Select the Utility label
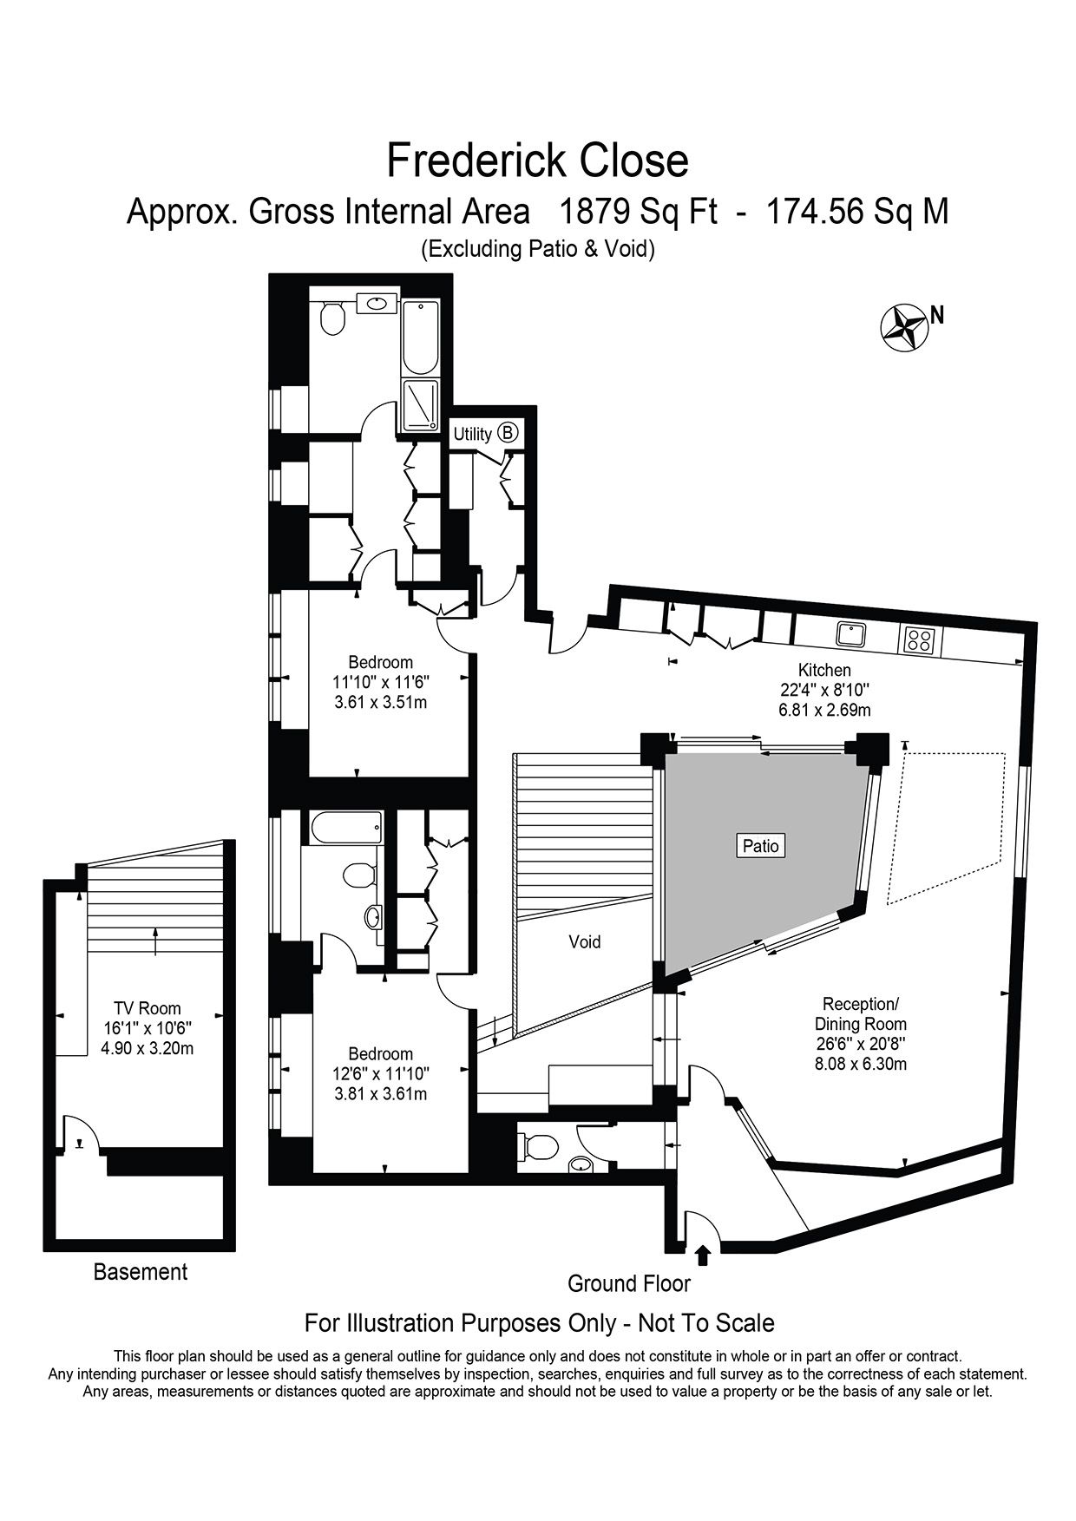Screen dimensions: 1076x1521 472,434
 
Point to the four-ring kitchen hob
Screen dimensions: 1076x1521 920,639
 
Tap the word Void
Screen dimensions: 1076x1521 585,941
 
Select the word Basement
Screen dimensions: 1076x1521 141,1272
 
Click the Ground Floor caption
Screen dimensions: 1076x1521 629,1283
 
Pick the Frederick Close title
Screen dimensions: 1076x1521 537,161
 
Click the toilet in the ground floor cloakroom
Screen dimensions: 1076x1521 536,1145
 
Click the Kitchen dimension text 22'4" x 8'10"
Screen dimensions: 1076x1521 824,690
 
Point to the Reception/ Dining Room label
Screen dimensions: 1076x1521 861,1014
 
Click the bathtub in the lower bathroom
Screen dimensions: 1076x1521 343,828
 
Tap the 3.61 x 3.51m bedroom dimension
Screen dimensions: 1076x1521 380,702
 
